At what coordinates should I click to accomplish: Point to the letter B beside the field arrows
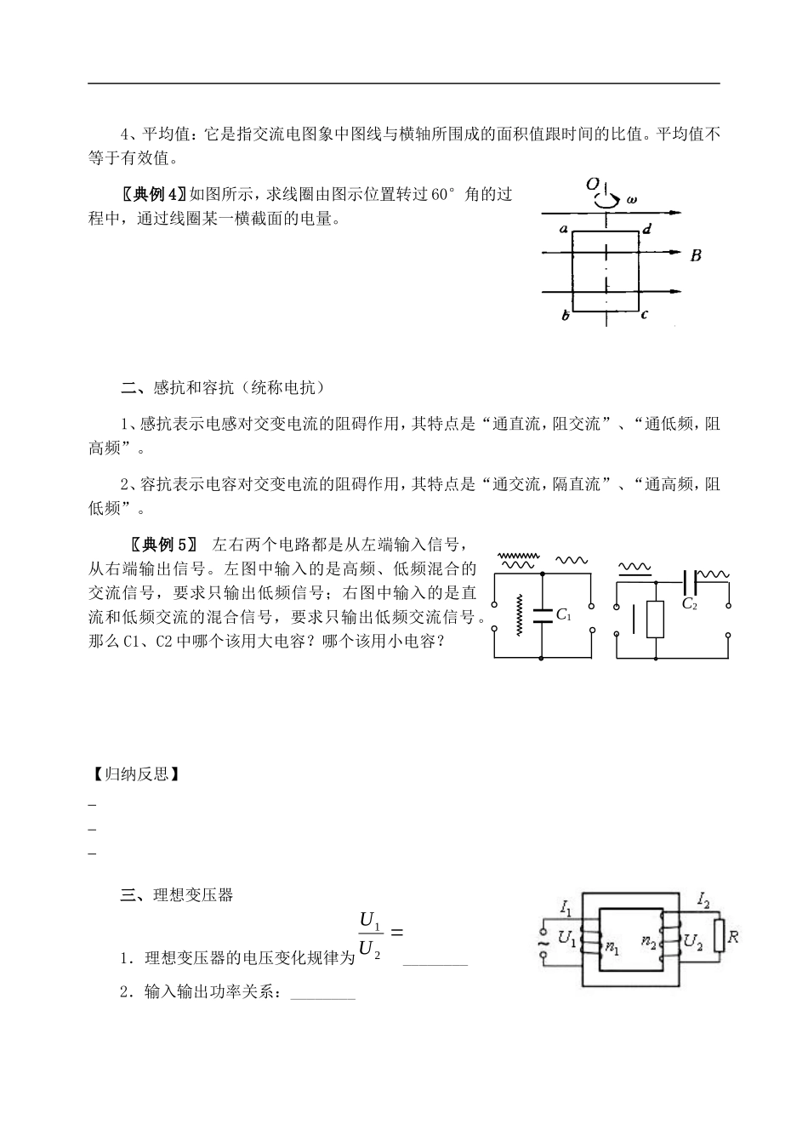696,254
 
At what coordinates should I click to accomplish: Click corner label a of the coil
563,228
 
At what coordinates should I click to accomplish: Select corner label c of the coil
645,315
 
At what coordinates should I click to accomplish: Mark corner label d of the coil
647,228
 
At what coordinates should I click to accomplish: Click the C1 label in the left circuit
563,614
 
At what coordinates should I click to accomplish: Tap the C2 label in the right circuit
689,603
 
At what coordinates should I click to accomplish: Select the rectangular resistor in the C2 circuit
656,620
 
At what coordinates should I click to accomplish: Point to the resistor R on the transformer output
720,936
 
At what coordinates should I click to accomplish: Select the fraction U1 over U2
370,934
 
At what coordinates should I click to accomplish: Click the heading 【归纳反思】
134,774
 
